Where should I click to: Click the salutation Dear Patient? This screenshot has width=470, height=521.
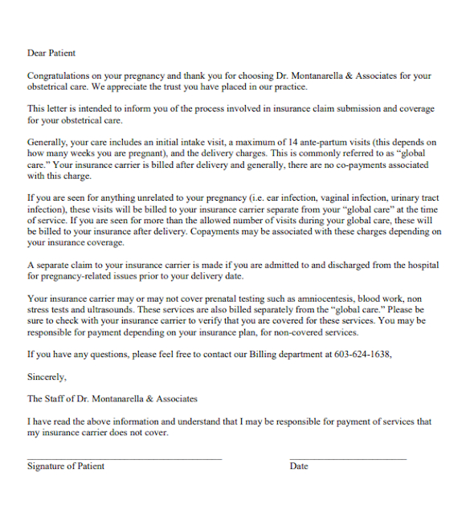pyautogui.click(x=51, y=53)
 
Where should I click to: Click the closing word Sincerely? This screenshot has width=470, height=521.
pyautogui.click(x=47, y=376)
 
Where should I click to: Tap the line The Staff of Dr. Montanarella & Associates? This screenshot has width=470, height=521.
pyautogui.click(x=112, y=398)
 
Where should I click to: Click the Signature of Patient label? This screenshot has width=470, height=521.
pyautogui.click(x=66, y=466)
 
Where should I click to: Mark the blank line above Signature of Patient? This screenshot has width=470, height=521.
pyautogui.click(x=124, y=458)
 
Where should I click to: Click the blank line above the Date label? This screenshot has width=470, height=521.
pyautogui.click(x=347, y=458)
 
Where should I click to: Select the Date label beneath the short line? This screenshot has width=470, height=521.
pyautogui.click(x=299, y=466)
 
